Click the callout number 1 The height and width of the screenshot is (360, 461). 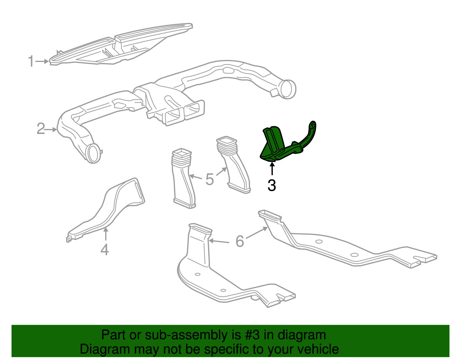(31, 61)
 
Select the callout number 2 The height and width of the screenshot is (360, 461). (41, 129)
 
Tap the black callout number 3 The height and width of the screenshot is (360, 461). (272, 185)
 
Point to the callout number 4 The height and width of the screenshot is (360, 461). (105, 250)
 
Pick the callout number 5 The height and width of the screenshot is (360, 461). (209, 179)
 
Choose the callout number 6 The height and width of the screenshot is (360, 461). (240, 241)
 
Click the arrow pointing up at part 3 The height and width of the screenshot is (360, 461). (272, 168)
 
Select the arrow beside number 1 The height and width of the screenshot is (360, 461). (42, 61)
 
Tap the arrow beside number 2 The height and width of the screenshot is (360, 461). (51, 129)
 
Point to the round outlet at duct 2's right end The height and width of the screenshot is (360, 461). (287, 90)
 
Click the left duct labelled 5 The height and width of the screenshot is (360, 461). (183, 178)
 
